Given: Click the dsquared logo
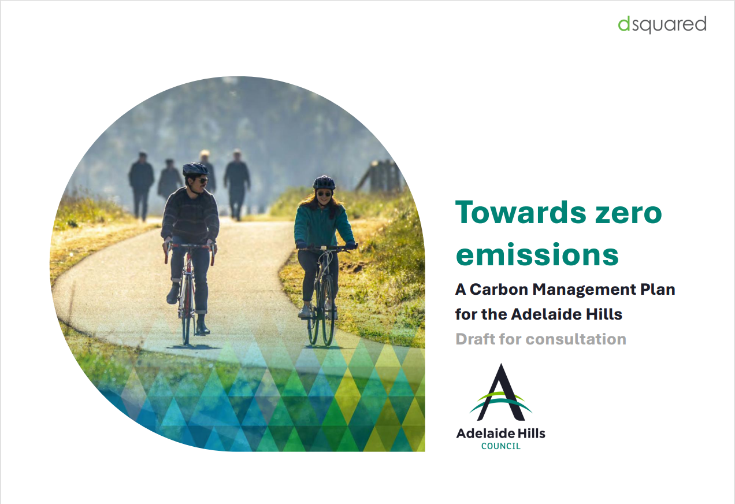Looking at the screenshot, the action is pos(662,25).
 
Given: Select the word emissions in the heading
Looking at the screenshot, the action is pos(537,255).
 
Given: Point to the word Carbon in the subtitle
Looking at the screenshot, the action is pos(499,290).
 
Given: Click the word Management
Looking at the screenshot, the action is pos(580,290).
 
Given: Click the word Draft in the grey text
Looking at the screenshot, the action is pos(476,339).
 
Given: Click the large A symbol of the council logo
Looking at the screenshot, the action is pos(501,392).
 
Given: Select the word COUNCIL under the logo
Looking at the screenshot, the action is pos(501,446).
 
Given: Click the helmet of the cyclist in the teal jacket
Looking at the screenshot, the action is pos(324,183).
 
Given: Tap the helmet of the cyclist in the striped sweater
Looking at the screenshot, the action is pos(195,169).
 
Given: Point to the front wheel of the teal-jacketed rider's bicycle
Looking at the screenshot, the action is pos(328,311).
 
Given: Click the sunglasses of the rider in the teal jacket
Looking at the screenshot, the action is pos(324,194).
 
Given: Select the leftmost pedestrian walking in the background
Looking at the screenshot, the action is pos(141,186).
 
